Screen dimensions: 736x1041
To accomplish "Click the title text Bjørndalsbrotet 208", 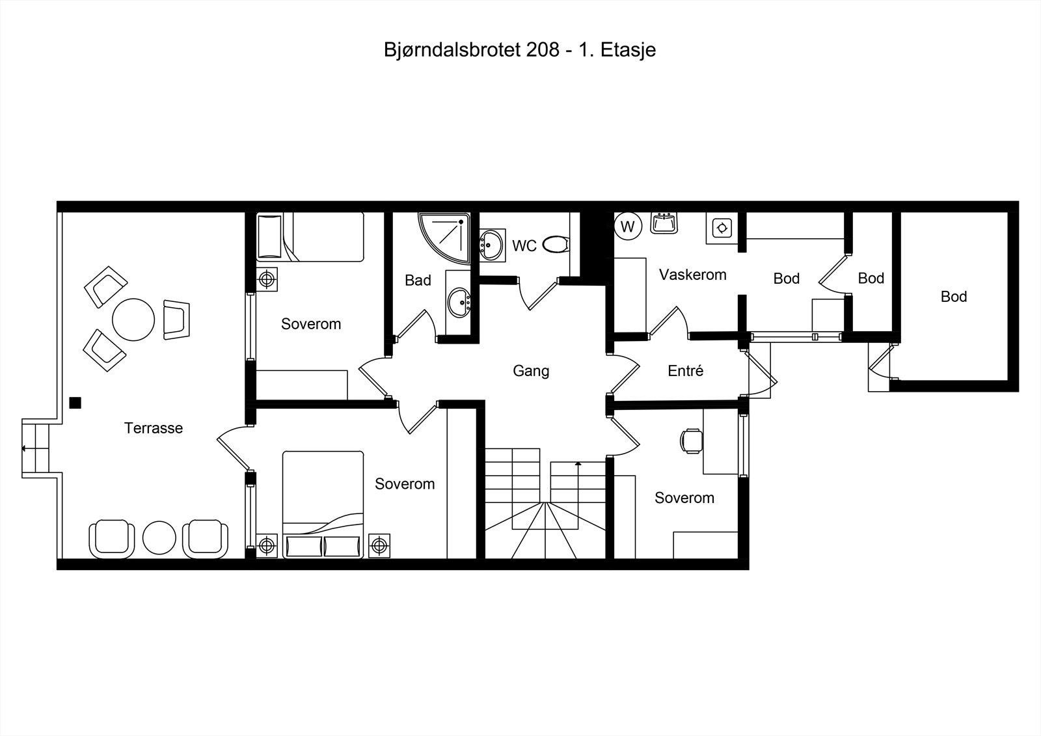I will [472, 50].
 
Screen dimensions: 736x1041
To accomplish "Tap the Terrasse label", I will [154, 428].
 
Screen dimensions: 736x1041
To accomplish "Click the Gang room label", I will [531, 371].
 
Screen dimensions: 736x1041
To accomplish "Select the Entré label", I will [686, 371].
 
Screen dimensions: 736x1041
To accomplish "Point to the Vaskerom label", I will [692, 275].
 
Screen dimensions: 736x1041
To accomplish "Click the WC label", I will [524, 246].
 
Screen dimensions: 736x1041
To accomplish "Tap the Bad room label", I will [418, 280].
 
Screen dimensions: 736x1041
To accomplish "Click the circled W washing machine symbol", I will [628, 226].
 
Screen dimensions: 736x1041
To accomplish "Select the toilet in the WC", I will [555, 245].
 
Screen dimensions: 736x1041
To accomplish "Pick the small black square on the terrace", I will [75, 403].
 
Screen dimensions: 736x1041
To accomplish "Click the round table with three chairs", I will [133, 319].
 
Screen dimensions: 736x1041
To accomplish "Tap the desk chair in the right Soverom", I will [691, 441].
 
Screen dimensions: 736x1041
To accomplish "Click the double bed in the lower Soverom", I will [323, 504].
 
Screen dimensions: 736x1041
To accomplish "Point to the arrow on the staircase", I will [578, 465].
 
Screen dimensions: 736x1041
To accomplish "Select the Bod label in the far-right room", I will [954, 297].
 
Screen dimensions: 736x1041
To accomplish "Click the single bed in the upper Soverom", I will [311, 237].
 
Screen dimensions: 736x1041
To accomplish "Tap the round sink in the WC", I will [493, 245].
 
